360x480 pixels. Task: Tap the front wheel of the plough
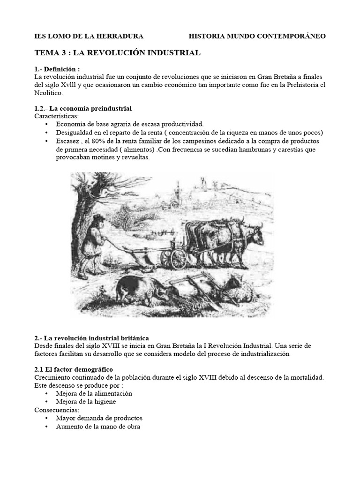(x=179, y=259)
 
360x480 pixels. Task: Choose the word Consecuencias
(x=57, y=409)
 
